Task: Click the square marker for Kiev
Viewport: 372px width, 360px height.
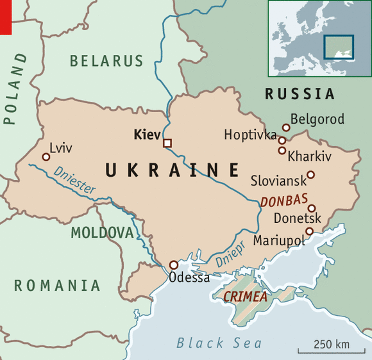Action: pos(167,143)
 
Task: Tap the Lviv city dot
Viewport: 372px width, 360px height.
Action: pos(46,157)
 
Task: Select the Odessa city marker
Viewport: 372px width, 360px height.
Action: pos(173,265)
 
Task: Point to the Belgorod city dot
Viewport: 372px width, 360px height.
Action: pos(286,127)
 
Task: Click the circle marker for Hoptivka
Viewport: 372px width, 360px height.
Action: pos(282,140)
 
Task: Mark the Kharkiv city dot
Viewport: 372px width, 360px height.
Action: pos(282,151)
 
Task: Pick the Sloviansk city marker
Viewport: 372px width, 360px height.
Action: pos(310,175)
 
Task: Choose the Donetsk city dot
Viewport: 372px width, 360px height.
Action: pos(311,208)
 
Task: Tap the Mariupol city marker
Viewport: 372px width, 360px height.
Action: pos(309,231)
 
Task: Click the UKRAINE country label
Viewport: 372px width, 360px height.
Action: pos(172,170)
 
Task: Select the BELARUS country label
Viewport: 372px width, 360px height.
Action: pos(106,61)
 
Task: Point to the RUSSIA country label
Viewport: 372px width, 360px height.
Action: pos(300,94)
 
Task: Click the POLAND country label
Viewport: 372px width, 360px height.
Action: pos(16,88)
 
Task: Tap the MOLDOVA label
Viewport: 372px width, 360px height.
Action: pos(102,233)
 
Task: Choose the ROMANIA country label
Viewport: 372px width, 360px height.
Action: pos(58,286)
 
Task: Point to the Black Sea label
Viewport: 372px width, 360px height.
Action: pos(219,343)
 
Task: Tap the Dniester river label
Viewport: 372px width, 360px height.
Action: pos(75,180)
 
